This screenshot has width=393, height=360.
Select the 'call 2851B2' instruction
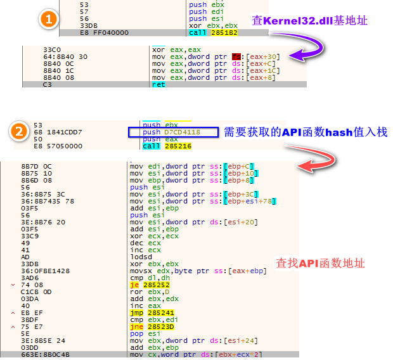[211, 32]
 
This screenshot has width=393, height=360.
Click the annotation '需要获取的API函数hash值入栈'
[305, 132]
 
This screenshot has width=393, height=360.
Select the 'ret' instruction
[158, 84]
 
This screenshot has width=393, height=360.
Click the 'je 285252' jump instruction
[150, 285]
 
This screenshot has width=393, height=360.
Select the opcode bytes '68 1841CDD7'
[56, 132]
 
